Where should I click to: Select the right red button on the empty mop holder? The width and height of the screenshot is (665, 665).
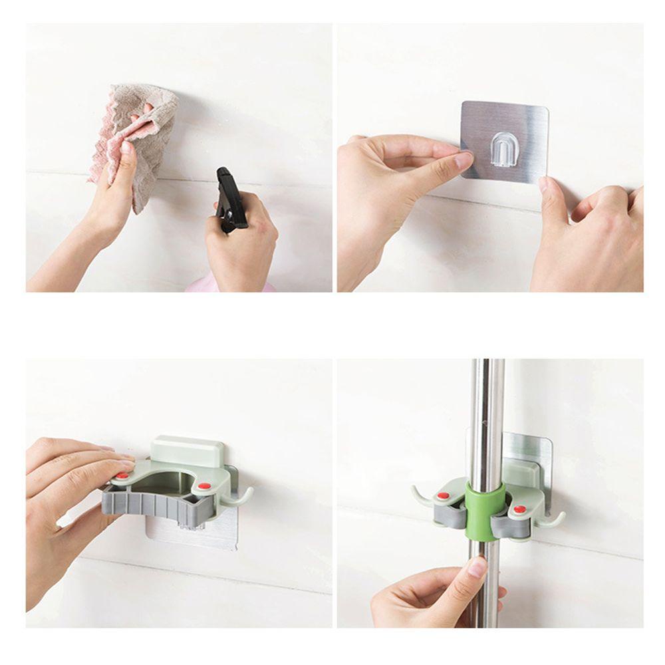204,487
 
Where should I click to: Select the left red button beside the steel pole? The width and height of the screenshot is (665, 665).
442,496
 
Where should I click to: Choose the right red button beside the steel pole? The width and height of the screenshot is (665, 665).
519,509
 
